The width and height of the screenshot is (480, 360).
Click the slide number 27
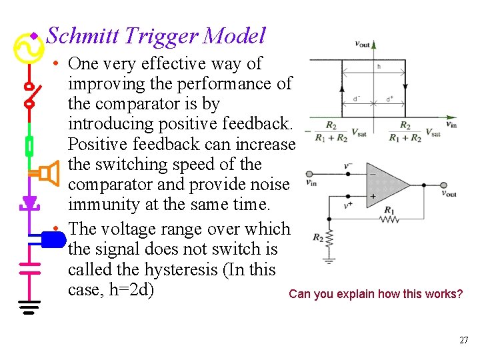click(464, 341)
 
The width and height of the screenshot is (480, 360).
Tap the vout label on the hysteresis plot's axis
click(363, 44)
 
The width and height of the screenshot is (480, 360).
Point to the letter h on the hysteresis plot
click(379, 67)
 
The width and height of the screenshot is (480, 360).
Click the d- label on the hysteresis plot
click(358, 99)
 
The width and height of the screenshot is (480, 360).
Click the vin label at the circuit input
click(311, 181)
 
